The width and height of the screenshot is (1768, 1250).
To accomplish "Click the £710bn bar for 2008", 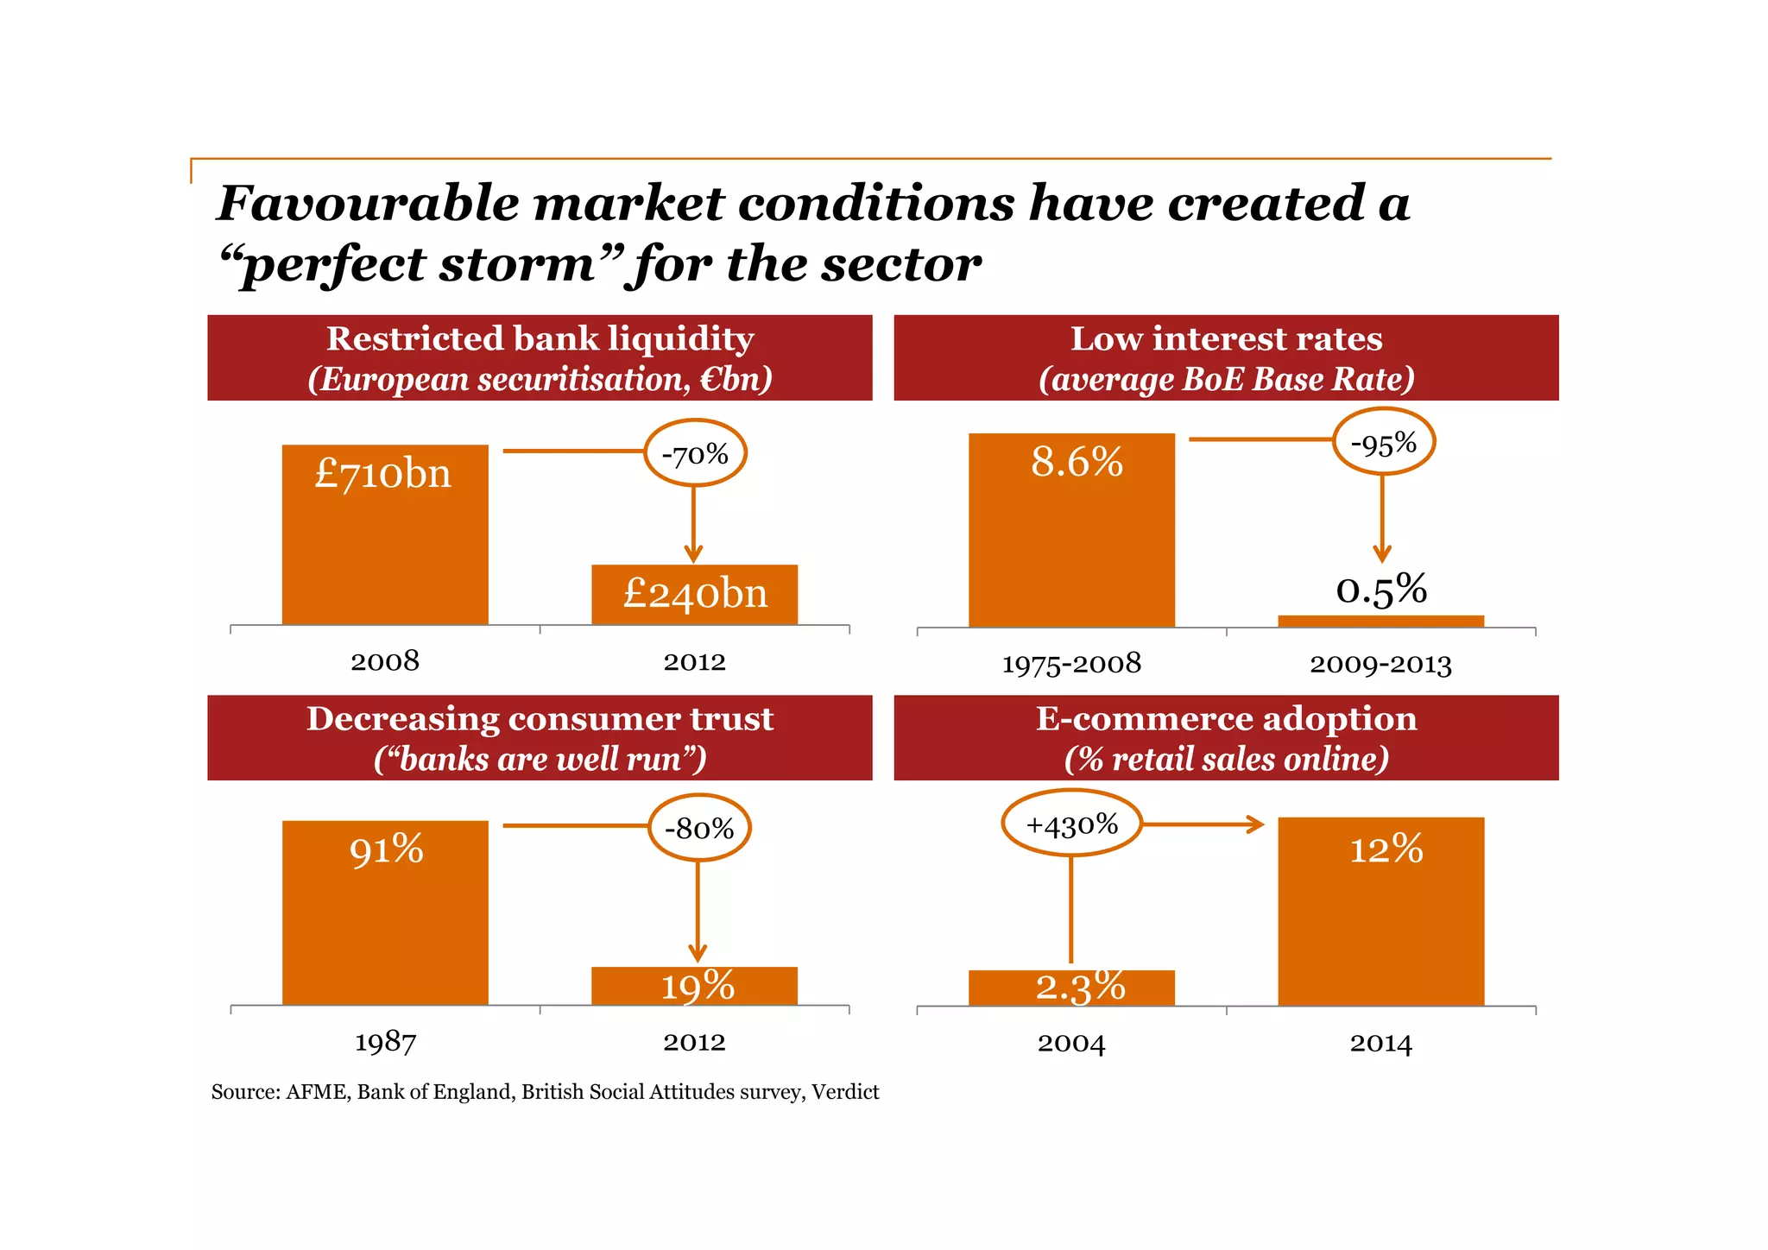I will (x=385, y=535).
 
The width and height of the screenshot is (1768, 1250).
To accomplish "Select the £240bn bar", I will (x=694, y=595).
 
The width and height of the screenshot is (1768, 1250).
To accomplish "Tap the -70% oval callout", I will (x=695, y=453).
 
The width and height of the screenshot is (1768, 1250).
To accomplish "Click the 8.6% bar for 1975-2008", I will (x=1071, y=530).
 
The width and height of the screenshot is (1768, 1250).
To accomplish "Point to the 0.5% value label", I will (x=1381, y=590).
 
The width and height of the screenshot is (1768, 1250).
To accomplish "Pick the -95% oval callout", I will (x=1383, y=443).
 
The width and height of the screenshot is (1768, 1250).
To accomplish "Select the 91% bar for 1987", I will (x=385, y=912).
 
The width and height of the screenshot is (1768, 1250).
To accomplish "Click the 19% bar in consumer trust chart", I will (x=694, y=986).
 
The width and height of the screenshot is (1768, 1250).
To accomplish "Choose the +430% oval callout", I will (x=1071, y=824).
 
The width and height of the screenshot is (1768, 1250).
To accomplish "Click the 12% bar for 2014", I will (x=1381, y=912).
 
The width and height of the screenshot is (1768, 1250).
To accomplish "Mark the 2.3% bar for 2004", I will (x=1071, y=988).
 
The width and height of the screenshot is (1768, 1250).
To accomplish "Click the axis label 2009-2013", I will (x=1380, y=664).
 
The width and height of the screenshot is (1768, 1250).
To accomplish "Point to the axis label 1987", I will (x=385, y=1042).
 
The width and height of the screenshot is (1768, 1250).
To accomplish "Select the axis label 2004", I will (x=1071, y=1043).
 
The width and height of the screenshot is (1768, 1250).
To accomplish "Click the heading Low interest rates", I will (x=1226, y=338).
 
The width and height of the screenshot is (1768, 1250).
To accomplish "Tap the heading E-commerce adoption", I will (x=1226, y=718).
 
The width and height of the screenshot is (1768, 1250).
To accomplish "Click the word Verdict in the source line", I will (x=845, y=1092).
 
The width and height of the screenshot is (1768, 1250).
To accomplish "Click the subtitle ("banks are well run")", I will (x=540, y=759).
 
